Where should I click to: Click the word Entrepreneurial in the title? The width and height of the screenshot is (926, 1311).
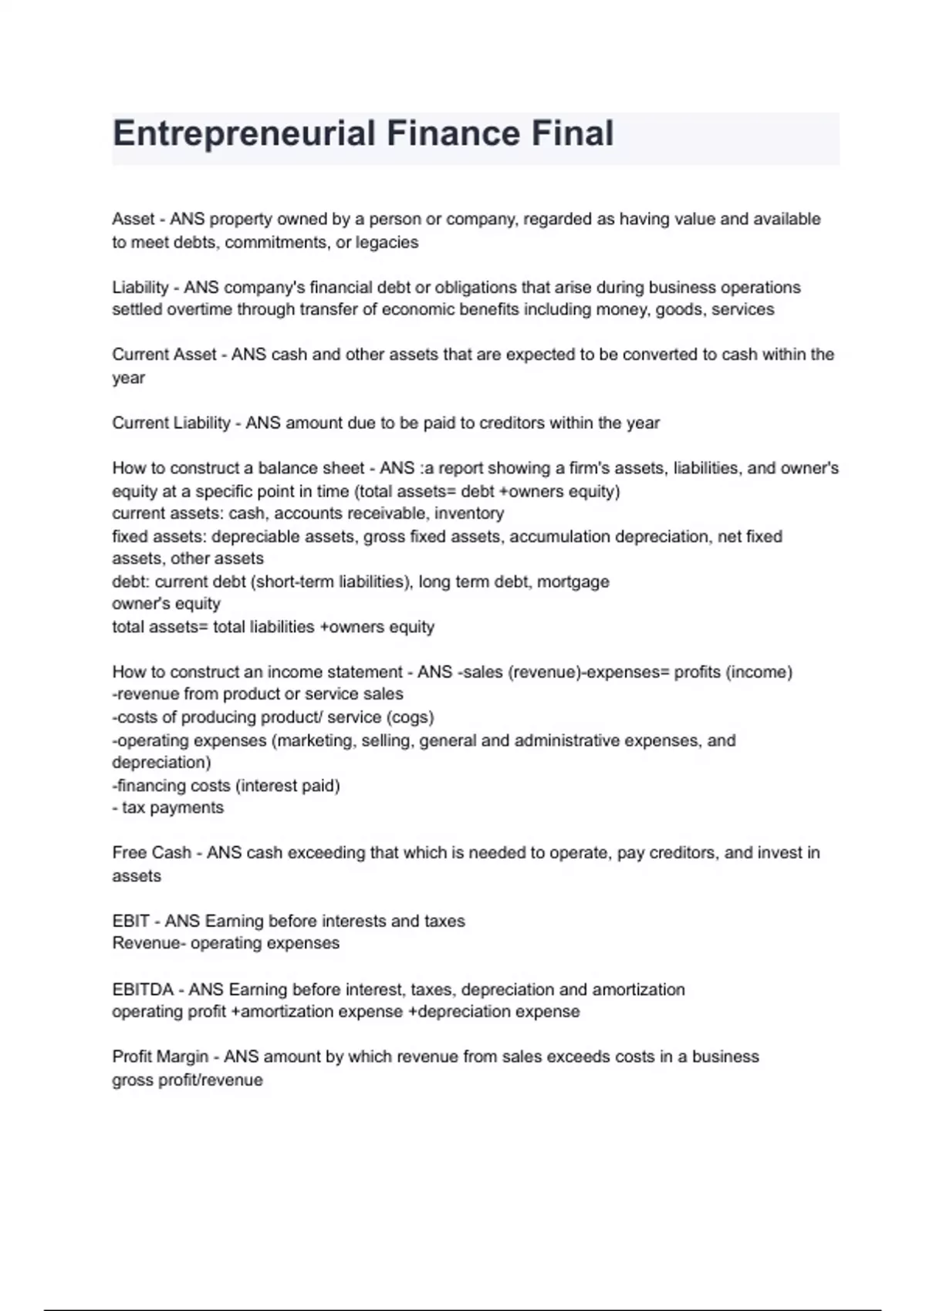pyautogui.click(x=244, y=133)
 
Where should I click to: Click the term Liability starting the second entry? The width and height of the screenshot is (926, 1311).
pyautogui.click(x=140, y=288)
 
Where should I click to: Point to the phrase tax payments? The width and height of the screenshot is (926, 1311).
pyautogui.click(x=173, y=808)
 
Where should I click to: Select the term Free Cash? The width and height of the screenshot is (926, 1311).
pyautogui.click(x=151, y=853)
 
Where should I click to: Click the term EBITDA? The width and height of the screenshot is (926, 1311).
pyautogui.click(x=143, y=989)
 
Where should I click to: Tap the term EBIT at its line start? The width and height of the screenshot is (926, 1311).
pyautogui.click(x=131, y=922)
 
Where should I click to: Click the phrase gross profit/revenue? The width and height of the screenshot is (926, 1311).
pyautogui.click(x=188, y=1080)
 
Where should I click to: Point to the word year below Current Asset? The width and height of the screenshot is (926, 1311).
pyautogui.click(x=128, y=378)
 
